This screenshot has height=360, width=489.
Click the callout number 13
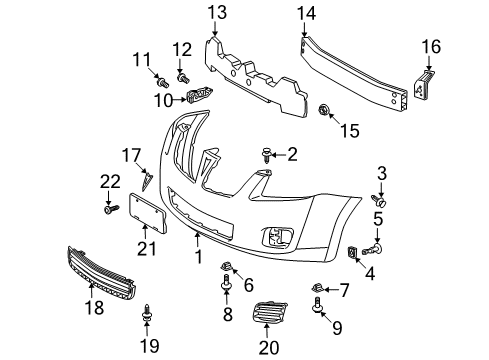[x=218, y=12]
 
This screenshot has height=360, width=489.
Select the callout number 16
[x=430, y=46]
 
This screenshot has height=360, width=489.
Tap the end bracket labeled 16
[x=423, y=84]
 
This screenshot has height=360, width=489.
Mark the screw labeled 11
[x=160, y=78]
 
